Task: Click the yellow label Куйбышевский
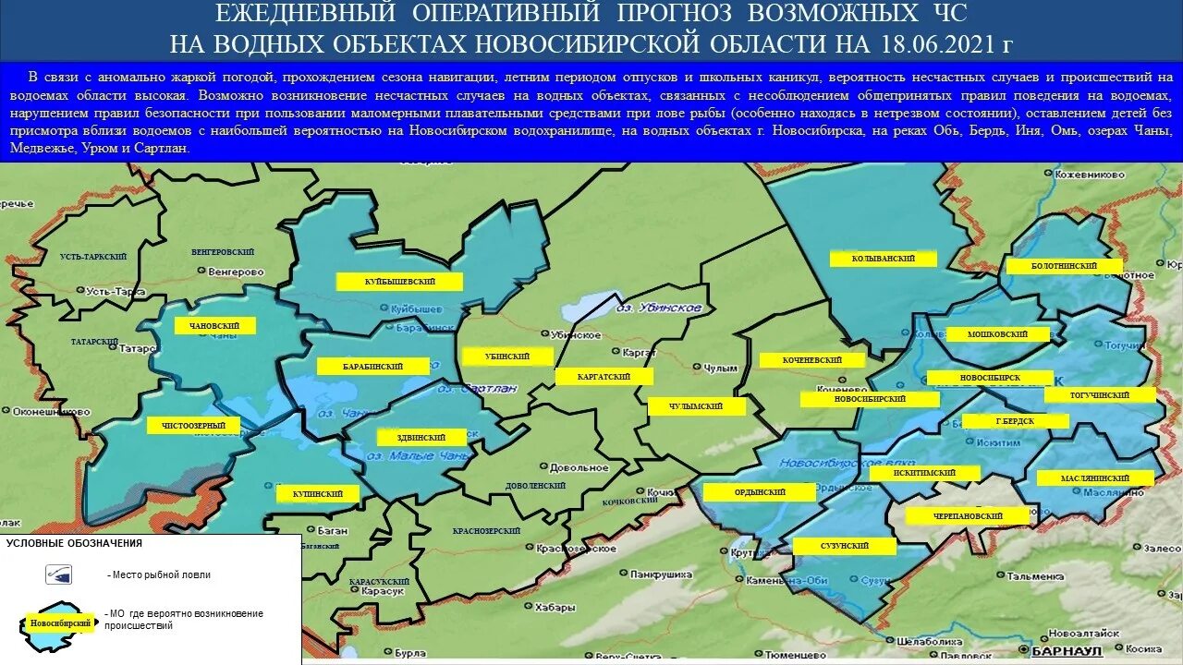[399, 282]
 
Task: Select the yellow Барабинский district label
[372, 367]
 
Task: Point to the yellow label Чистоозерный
[192, 425]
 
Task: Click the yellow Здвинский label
[424, 438]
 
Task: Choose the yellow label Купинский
[317, 494]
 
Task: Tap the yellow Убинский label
[506, 357]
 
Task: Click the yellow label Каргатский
[604, 377]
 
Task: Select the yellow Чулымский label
[697, 406]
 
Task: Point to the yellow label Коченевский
[812, 360]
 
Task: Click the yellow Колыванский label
[884, 260]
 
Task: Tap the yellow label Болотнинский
[1064, 266]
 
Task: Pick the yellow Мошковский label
[999, 334]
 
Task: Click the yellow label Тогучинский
[1100, 395]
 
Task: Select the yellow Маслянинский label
[1095, 478]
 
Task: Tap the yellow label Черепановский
[968, 516]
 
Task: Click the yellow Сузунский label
[844, 547]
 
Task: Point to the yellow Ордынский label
[759, 492]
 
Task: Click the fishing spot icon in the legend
[59, 574]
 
